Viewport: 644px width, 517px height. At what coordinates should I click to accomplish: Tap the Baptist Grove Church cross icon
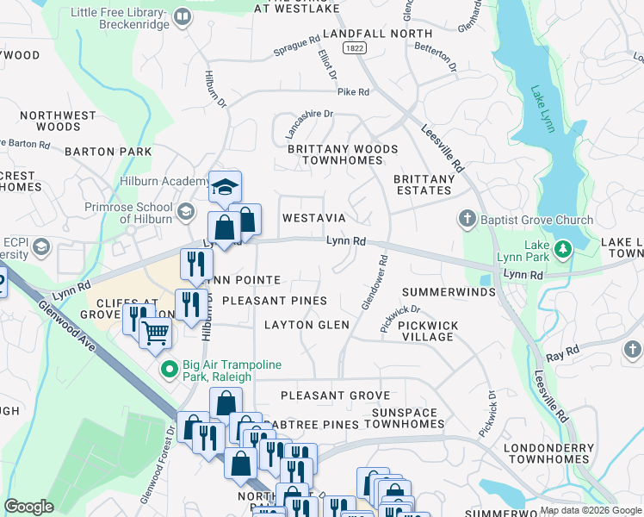pyautogui.click(x=468, y=220)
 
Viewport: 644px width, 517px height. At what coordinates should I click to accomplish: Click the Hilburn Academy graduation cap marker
pyautogui.click(x=225, y=186)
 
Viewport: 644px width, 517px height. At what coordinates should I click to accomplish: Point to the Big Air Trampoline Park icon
pyautogui.click(x=170, y=370)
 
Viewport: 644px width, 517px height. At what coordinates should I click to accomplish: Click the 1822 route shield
pyautogui.click(x=356, y=49)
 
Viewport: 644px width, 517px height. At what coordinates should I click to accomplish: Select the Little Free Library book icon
pyautogui.click(x=183, y=16)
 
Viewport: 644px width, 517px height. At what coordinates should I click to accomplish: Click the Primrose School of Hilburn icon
pyautogui.click(x=184, y=211)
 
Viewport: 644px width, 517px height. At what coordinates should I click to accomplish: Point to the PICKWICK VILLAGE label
pyautogui.click(x=428, y=331)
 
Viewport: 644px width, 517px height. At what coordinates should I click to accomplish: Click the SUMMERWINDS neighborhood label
pyautogui.click(x=449, y=292)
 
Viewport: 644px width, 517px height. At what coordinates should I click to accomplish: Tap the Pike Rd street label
pyautogui.click(x=353, y=91)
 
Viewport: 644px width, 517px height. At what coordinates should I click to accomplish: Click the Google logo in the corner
pyautogui.click(x=28, y=506)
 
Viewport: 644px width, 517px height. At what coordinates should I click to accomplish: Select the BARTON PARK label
pyautogui.click(x=108, y=152)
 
